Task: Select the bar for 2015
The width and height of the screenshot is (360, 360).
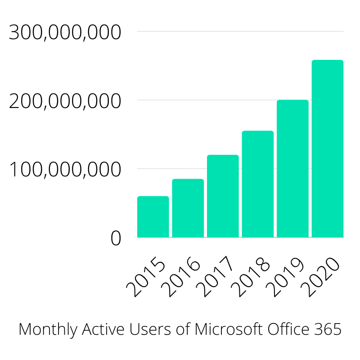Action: coord(153,217)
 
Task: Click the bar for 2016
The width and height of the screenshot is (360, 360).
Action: coord(188,208)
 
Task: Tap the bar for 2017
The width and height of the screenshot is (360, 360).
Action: coord(223,196)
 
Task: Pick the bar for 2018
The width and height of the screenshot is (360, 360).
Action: coord(258,184)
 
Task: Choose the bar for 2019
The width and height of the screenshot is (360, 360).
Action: coord(292,169)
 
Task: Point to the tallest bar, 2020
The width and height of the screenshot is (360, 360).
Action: coord(328,148)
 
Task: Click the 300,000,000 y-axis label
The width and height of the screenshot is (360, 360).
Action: coord(65,33)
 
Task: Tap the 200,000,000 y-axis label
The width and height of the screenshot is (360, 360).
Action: coord(65,102)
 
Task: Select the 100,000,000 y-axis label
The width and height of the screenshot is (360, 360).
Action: coord(65,171)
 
